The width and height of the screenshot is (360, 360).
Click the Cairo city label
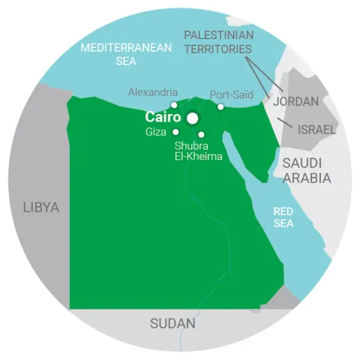pos(161,118)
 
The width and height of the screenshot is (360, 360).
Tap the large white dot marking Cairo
pos(193,118)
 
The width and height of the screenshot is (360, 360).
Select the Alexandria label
pos(153,92)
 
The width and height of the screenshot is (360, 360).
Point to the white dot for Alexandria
pos(174,105)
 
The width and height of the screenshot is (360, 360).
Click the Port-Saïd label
pos(230,95)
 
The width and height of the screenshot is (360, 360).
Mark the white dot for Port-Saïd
pos(220,106)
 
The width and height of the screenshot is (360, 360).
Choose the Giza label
pos(157,132)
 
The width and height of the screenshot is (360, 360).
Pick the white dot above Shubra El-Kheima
pos(201,135)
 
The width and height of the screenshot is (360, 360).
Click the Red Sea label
pos(283,217)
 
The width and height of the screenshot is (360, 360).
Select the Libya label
pos(40,208)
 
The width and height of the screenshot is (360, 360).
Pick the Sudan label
pos(172,324)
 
